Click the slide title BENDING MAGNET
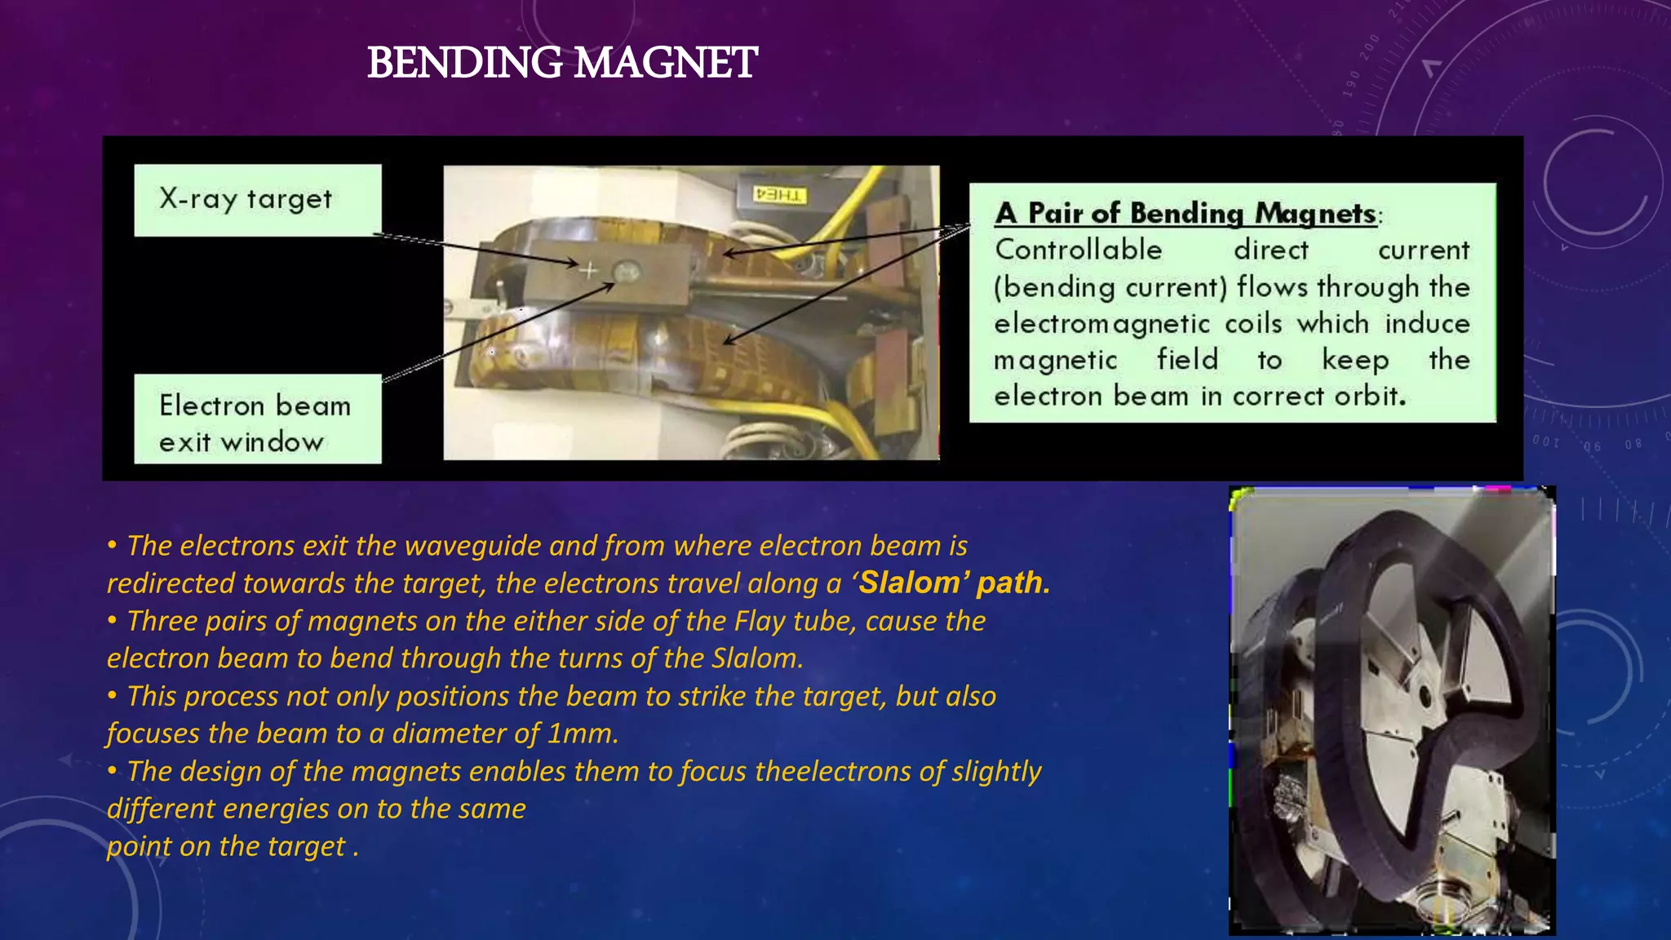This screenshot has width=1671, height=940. click(x=562, y=63)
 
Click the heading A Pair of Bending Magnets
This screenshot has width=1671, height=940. click(x=1186, y=213)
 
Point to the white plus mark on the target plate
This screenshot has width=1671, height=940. click(x=588, y=269)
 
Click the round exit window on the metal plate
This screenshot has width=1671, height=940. click(x=626, y=272)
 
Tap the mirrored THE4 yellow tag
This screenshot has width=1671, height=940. click(x=779, y=195)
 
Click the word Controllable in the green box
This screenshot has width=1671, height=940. click(x=1078, y=250)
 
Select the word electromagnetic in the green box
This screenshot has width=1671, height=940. click(x=1102, y=324)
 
